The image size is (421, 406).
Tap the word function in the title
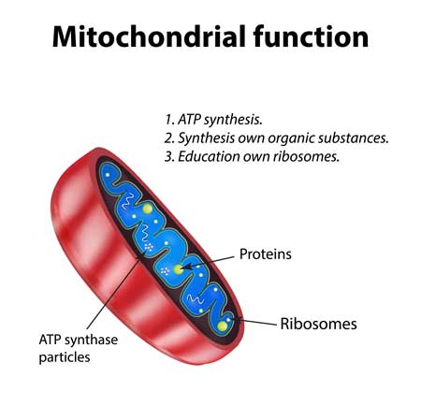point(312,36)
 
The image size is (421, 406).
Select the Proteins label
point(266,254)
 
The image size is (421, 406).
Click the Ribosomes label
point(318,324)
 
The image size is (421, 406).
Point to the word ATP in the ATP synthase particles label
point(50,340)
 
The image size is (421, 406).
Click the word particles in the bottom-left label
point(65,357)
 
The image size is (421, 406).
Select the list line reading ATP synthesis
point(213,120)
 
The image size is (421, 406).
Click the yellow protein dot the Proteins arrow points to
point(178,269)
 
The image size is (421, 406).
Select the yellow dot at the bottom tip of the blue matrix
point(223,326)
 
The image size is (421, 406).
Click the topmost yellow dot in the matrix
point(147,209)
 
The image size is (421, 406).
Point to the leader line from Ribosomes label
point(254,321)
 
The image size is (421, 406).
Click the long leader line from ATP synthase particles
point(117,290)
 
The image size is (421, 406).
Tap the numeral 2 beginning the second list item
point(168,138)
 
